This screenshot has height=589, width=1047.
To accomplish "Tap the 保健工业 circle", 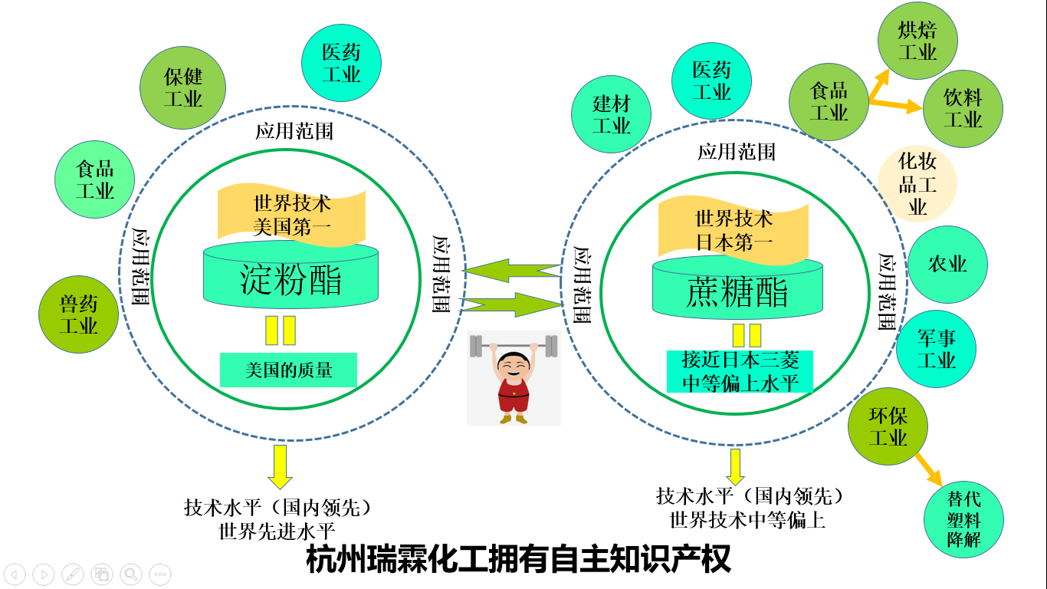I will click(183, 87).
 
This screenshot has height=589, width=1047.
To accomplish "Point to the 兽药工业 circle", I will click(78, 314).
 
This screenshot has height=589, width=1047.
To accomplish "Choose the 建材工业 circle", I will click(611, 114).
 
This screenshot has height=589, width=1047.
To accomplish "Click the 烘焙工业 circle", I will click(917, 41).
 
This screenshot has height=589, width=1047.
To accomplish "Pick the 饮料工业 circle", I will click(962, 109).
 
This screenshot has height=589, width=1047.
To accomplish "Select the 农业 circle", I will click(947, 265).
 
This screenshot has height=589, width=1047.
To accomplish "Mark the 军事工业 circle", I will click(936, 349).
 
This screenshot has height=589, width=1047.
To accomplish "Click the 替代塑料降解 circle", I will click(963, 519).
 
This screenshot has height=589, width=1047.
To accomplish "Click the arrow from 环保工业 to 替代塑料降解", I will click(928, 469).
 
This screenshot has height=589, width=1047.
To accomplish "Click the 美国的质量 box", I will click(288, 370).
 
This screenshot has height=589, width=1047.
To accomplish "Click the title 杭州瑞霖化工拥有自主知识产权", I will click(518, 559).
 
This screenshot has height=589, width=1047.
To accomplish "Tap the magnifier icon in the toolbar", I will click(131, 574).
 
